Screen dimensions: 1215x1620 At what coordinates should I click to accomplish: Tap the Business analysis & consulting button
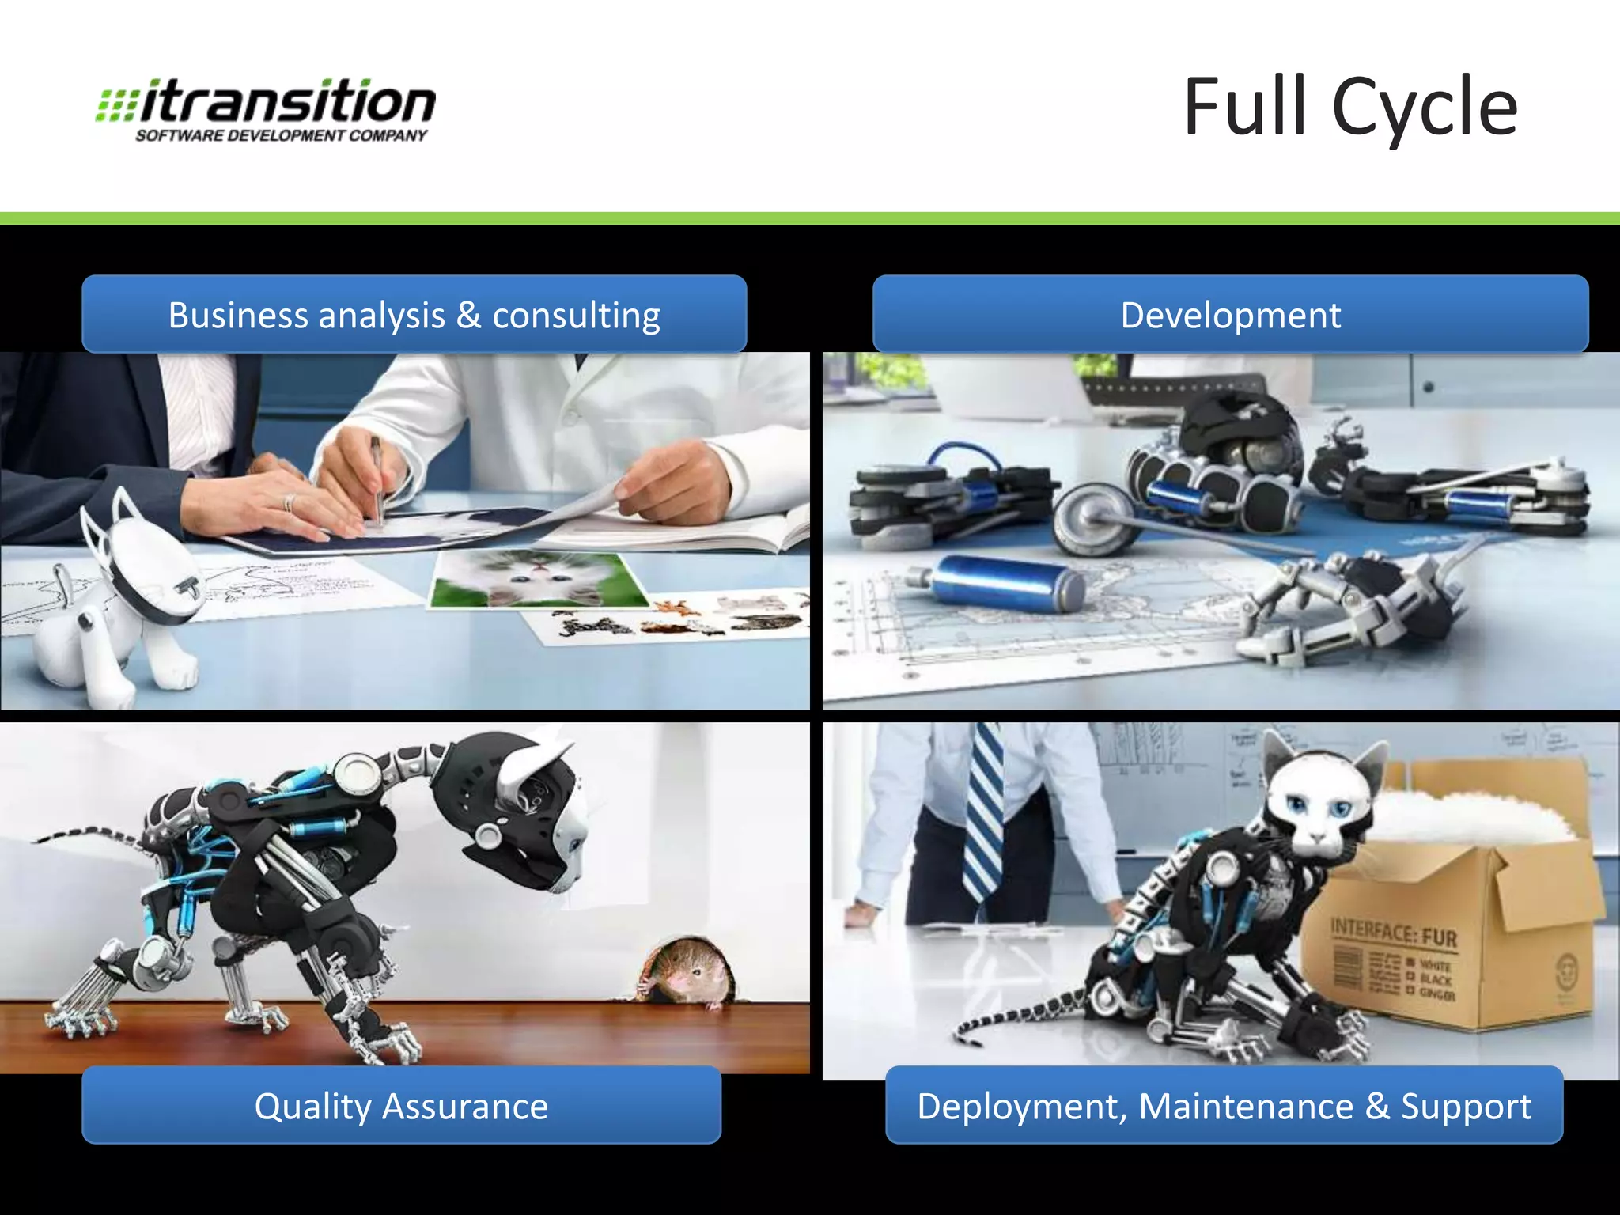(x=414, y=315)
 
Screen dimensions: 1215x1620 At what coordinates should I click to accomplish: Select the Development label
(x=1230, y=315)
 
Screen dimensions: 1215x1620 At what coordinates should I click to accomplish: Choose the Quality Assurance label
(x=401, y=1106)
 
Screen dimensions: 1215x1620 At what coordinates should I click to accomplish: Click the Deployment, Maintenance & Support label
(x=1224, y=1106)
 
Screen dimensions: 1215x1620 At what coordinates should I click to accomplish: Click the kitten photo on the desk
(x=538, y=579)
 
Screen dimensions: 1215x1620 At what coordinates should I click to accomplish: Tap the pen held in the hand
(x=377, y=479)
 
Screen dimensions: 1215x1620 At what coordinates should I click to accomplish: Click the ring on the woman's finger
(x=289, y=503)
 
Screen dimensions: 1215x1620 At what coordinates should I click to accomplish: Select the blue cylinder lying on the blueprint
(x=1005, y=584)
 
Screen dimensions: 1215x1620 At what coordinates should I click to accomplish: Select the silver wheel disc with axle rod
(x=1092, y=518)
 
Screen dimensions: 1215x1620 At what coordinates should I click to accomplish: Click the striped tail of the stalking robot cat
(x=87, y=836)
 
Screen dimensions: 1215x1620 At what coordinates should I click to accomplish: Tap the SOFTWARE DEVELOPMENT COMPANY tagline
(x=281, y=136)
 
